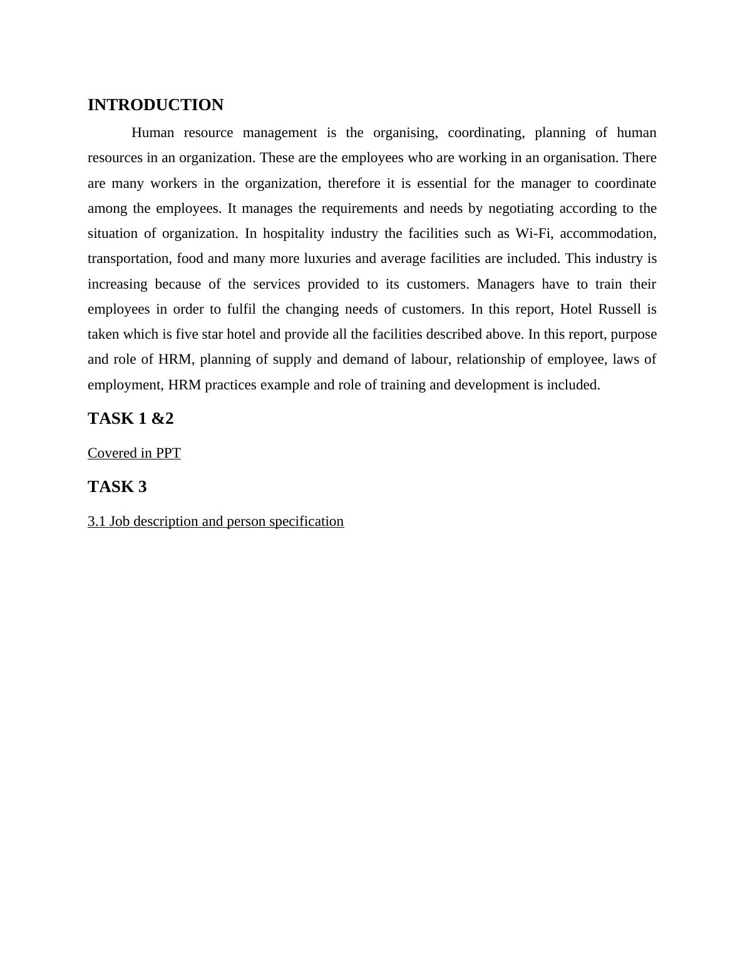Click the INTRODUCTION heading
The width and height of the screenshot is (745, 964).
pos(155,105)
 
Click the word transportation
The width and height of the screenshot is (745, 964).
pos(129,259)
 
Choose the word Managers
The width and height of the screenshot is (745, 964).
pos(505,284)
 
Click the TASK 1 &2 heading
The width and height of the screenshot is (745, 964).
pos(130,419)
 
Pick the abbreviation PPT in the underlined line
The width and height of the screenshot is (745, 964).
pos(168,453)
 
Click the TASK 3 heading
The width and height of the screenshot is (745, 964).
pos(117,487)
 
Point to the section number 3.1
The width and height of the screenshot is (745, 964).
pos(96,521)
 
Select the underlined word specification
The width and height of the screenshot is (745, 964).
pos(306,521)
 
